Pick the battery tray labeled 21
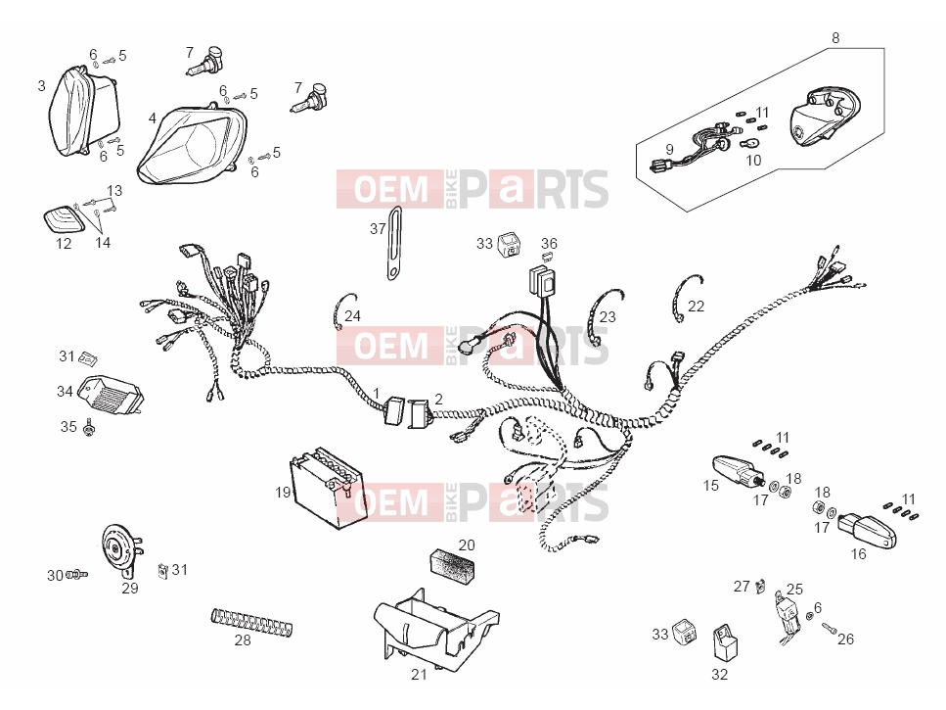[433, 629]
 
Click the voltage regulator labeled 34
[113, 396]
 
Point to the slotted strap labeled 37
[394, 243]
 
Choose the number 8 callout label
[835, 38]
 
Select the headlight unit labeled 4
[192, 144]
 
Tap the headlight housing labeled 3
[83, 113]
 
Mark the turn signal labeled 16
[867, 530]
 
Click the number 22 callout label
[696, 307]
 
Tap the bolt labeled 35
[89, 429]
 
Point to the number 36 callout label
[549, 243]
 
